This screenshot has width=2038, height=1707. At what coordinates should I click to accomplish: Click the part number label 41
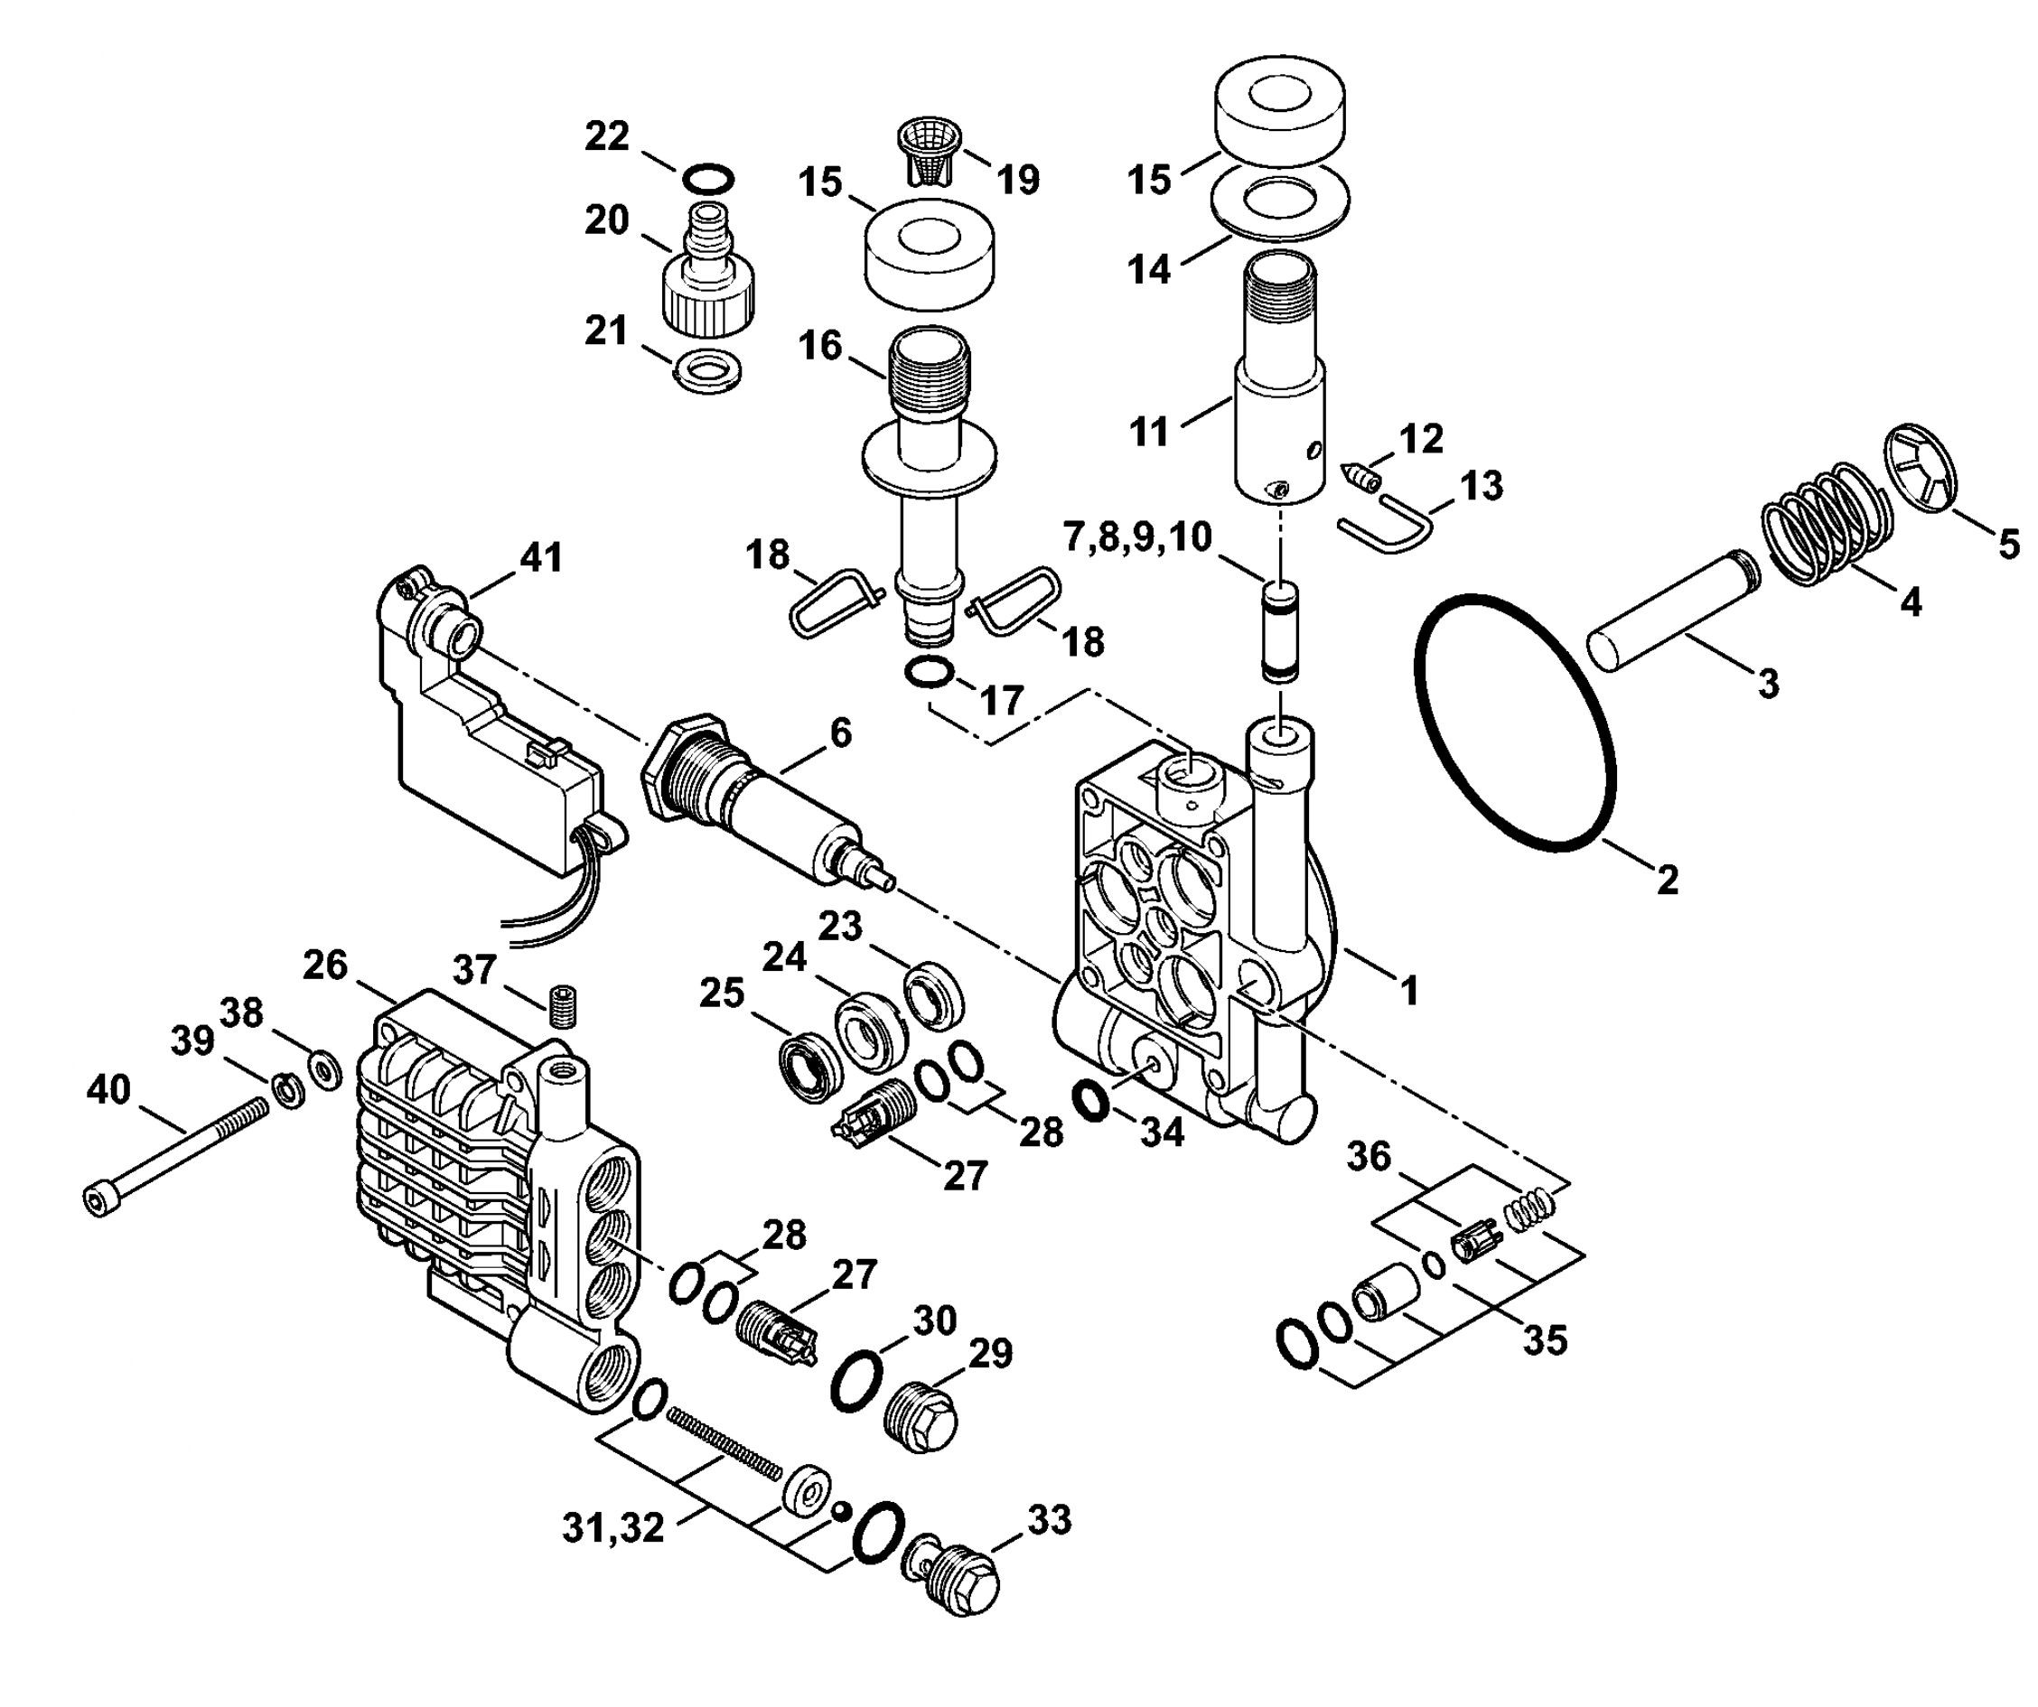tap(541, 558)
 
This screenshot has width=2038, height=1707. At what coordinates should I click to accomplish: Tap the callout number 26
tap(325, 965)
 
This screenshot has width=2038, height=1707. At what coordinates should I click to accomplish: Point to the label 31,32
tap(613, 1528)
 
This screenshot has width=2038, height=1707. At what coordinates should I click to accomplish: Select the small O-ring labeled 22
tap(707, 179)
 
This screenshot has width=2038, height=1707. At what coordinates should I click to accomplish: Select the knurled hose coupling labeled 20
tap(708, 264)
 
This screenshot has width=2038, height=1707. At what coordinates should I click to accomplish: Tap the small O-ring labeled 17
tap(929, 670)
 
